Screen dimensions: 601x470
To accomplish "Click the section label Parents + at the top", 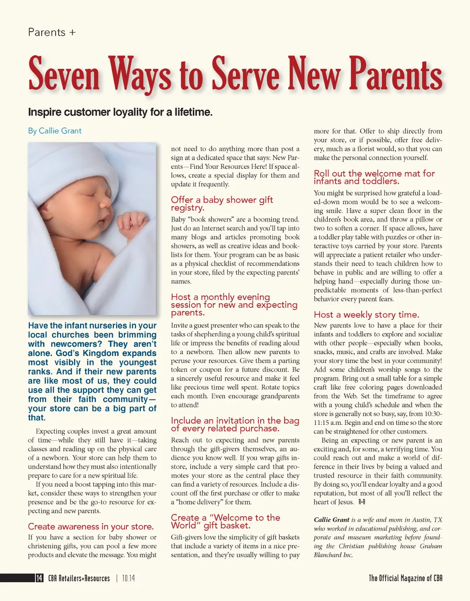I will [51, 33].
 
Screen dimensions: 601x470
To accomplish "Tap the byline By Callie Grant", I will [55, 131].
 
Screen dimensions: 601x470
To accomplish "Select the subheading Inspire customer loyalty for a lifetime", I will [120, 112].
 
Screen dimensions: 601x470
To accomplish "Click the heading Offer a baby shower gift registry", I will [222, 204].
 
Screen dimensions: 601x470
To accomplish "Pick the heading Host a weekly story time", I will [366, 315].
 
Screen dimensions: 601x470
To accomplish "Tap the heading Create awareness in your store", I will [91, 527].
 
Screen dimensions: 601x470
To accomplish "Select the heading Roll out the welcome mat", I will [374, 177].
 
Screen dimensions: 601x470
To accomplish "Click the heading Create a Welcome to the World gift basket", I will [225, 521].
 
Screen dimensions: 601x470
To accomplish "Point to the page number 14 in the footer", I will [39, 578].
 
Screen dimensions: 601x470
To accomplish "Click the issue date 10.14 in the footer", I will [129, 578].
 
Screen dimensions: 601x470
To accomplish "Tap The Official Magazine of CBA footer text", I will [405, 578].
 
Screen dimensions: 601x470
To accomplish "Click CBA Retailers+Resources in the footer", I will [79, 578].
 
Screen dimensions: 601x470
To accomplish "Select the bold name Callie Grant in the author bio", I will [331, 520].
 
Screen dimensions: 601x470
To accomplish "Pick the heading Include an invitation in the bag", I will [235, 424].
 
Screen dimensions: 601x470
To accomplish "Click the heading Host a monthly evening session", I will [234, 305].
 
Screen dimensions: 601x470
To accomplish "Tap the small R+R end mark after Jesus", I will [362, 502].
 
